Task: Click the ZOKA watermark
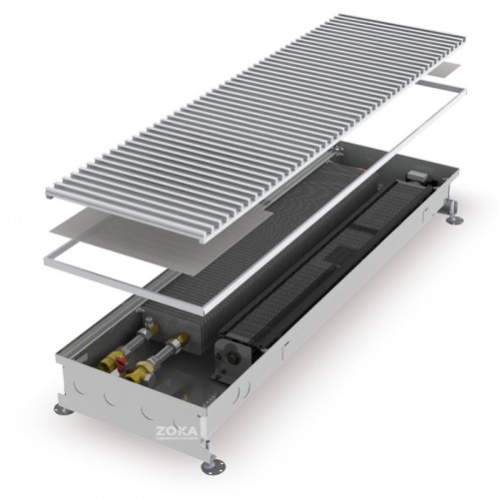[177, 432]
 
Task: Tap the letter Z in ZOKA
[161, 432]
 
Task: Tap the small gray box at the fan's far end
[416, 175]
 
